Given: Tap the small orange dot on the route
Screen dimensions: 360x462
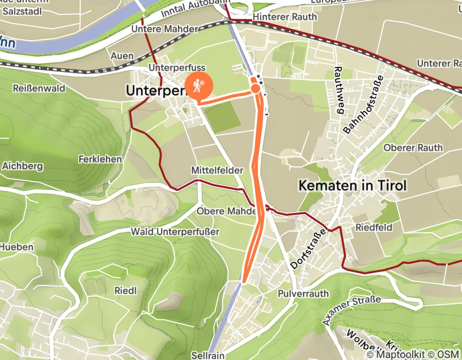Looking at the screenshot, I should tap(255, 89).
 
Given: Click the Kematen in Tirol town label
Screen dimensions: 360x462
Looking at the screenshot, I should tap(353, 186).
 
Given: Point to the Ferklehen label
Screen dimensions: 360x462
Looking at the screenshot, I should tap(100, 159).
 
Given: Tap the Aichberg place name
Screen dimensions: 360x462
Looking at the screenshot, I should tap(23, 166).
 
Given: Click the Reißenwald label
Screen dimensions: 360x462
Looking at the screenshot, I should tap(40, 88).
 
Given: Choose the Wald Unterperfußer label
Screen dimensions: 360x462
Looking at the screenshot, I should tap(175, 231).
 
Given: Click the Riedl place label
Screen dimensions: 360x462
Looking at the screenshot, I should tap(126, 291).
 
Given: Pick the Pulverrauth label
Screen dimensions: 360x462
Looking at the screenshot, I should tap(303, 294).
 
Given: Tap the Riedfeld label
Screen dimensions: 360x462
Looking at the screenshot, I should tap(374, 227).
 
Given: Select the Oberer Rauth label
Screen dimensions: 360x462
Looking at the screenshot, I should tap(413, 148).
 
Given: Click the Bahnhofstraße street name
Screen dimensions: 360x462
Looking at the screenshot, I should tap(364, 105).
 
